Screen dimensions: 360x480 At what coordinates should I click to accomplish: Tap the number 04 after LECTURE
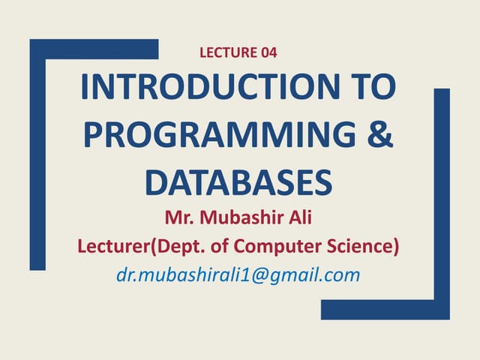coord(273,52)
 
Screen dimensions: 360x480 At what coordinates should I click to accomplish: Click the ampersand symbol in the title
coord(381,136)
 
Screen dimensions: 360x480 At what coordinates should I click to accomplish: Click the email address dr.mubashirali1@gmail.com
coord(238,275)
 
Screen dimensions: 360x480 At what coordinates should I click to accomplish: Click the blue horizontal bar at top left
coord(94,49)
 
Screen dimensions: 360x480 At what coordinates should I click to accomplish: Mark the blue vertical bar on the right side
coord(442,195)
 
